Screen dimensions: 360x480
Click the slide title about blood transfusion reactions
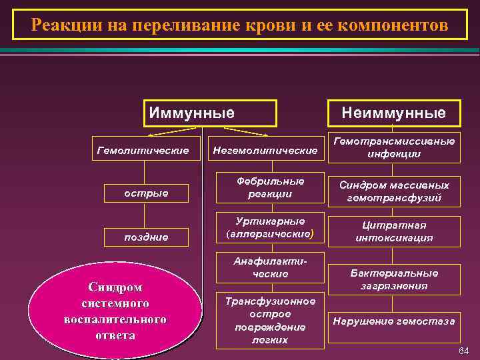(x=239, y=25)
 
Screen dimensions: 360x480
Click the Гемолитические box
(x=143, y=151)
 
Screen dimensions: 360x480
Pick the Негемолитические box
(x=265, y=151)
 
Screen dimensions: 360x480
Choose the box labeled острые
(x=146, y=193)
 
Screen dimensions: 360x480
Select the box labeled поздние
(x=146, y=237)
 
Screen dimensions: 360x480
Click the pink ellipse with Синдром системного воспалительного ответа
(x=116, y=311)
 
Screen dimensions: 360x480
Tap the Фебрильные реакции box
(x=265, y=187)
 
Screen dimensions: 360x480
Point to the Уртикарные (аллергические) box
(x=265, y=227)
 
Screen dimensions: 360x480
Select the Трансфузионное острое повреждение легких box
(x=265, y=320)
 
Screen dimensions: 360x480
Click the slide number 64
(x=463, y=351)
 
